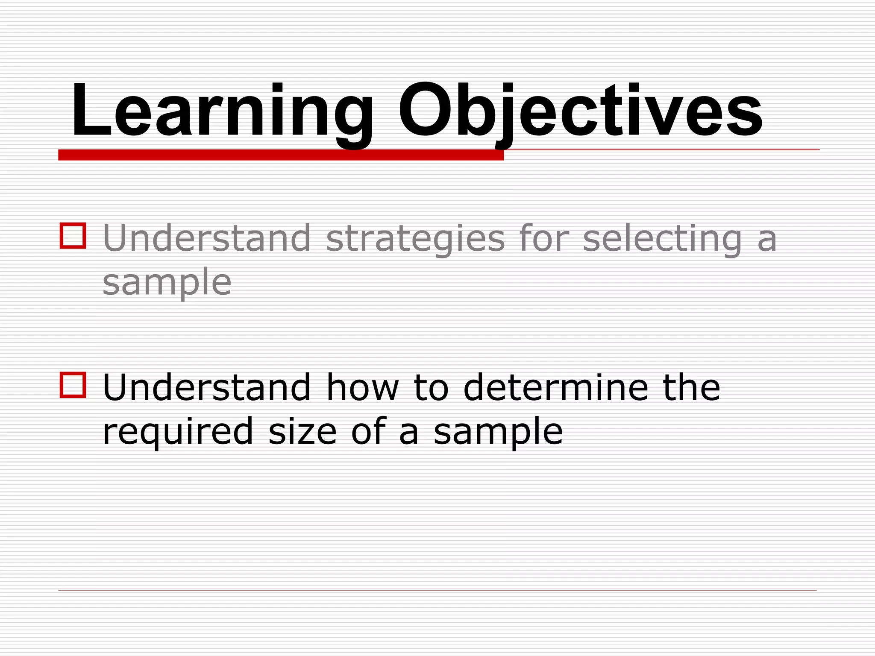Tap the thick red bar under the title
pos(281,155)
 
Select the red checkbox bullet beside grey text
pos(73,235)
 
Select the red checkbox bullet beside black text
pos(73,385)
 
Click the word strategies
pos(415,239)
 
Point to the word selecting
pos(662,239)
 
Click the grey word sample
pos(167,283)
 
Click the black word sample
pos(498,432)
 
